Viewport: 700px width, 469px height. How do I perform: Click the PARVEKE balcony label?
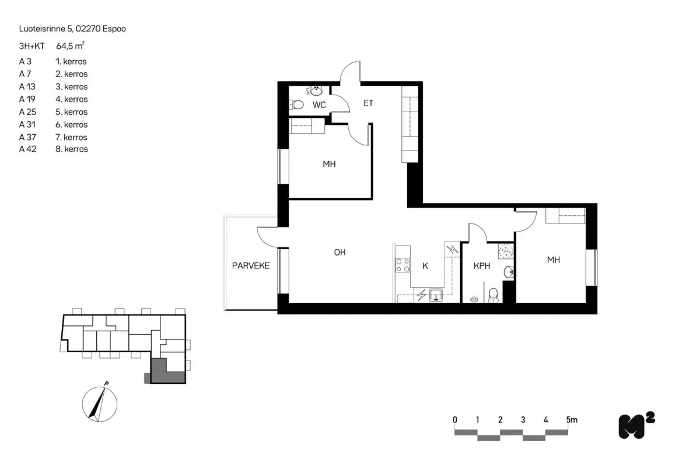(x=251, y=266)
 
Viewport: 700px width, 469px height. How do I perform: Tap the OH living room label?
(x=340, y=253)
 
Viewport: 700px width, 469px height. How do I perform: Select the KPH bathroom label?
(x=482, y=266)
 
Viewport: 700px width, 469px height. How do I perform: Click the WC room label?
(x=319, y=105)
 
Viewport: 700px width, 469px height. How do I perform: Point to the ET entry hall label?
(x=368, y=103)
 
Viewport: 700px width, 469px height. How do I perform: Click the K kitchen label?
(x=425, y=266)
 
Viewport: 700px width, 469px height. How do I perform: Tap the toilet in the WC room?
(x=297, y=105)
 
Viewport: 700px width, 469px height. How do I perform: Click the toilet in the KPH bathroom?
(x=494, y=295)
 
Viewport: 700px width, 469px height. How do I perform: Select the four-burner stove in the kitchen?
(x=402, y=265)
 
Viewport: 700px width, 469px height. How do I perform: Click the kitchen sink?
(x=436, y=295)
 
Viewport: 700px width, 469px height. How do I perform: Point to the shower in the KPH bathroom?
(x=505, y=251)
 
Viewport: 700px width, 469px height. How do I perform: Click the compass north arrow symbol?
(x=100, y=402)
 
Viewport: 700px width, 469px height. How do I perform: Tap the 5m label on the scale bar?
(x=571, y=419)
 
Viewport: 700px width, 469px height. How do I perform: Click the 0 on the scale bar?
(x=455, y=419)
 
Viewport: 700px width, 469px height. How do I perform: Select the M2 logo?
(x=636, y=425)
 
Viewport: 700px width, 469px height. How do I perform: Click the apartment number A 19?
(x=28, y=99)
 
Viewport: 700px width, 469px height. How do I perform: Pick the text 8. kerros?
(x=71, y=149)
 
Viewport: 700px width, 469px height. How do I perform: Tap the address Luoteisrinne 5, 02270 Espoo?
(x=72, y=28)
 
